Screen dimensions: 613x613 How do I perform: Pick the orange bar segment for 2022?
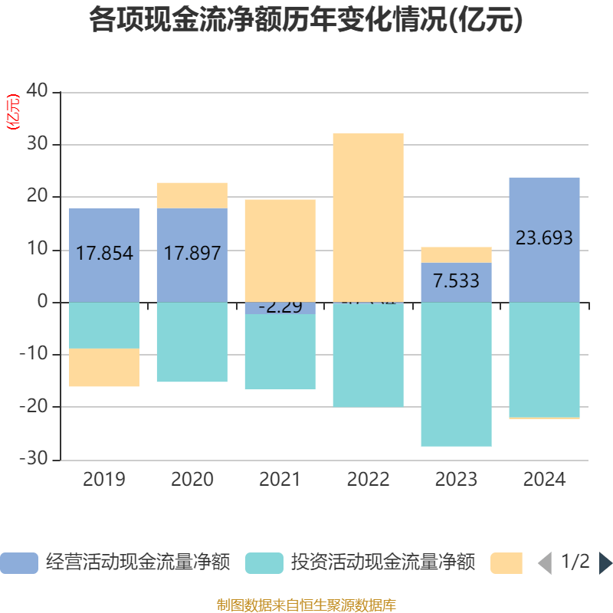[x=368, y=218]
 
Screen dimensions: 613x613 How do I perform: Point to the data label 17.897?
[x=192, y=254]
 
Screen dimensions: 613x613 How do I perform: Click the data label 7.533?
[x=456, y=281]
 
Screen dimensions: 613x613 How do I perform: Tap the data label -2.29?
[x=280, y=307]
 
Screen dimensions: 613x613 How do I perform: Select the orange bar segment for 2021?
[x=280, y=250]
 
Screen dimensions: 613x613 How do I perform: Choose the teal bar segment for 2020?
[x=192, y=342]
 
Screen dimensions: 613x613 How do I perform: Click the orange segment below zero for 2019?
[x=104, y=368]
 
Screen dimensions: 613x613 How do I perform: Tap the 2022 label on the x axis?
[x=368, y=480]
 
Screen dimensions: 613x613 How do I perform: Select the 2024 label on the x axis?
[x=544, y=480]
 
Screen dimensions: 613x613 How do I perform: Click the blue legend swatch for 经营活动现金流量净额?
[x=18, y=563]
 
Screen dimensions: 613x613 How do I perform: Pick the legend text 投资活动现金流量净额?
[x=383, y=563]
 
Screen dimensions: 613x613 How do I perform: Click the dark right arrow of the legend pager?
[x=605, y=563]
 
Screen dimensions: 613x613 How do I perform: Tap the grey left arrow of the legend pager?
[x=545, y=563]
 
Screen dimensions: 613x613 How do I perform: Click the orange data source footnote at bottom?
[x=306, y=605]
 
